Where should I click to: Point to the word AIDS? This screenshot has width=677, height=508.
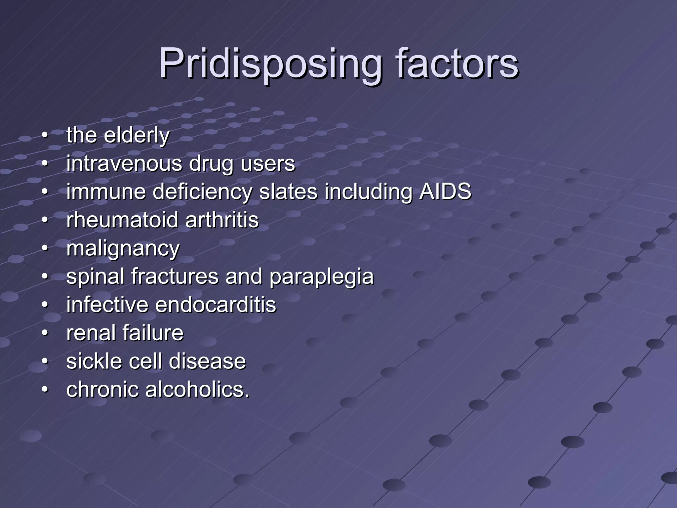point(445,191)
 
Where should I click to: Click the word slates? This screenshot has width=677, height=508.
point(288,191)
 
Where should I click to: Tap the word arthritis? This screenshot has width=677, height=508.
point(222,220)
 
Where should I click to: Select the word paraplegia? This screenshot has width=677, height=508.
point(321,276)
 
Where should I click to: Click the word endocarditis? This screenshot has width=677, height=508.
point(215,305)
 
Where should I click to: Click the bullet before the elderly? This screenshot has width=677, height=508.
point(45,136)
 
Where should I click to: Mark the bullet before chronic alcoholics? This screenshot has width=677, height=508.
point(45,389)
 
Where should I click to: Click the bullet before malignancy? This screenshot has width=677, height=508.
point(45,248)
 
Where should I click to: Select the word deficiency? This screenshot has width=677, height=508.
point(202,191)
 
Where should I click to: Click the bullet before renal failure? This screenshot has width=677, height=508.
point(45,333)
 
